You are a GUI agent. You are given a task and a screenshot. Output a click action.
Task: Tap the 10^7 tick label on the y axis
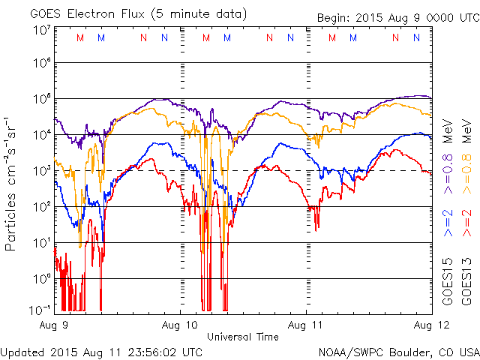[x=43, y=30]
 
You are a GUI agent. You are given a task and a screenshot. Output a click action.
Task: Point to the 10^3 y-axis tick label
[x=43, y=171]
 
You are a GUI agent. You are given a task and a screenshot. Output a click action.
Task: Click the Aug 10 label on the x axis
[x=180, y=325]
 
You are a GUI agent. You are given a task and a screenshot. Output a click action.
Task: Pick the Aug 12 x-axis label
[x=432, y=325]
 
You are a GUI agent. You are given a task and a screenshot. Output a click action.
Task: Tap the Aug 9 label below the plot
[x=54, y=325]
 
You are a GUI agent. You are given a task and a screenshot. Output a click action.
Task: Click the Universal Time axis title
[x=243, y=337]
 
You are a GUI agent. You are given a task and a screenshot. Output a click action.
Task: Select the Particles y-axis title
[x=10, y=222]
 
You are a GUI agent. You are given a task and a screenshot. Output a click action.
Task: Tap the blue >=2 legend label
[x=448, y=223]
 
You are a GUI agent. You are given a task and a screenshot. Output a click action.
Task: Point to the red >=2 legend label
[x=466, y=223]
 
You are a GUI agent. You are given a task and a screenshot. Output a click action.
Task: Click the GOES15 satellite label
[x=448, y=282]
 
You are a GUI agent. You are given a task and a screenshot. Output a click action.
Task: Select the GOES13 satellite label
[x=466, y=282]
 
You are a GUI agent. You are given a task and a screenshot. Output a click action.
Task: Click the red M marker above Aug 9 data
[x=80, y=37]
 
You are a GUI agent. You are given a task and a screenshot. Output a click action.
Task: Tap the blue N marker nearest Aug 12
[x=416, y=37]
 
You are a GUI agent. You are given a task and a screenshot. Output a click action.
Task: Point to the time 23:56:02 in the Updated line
[x=154, y=352]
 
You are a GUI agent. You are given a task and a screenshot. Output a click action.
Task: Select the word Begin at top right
[x=333, y=18]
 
